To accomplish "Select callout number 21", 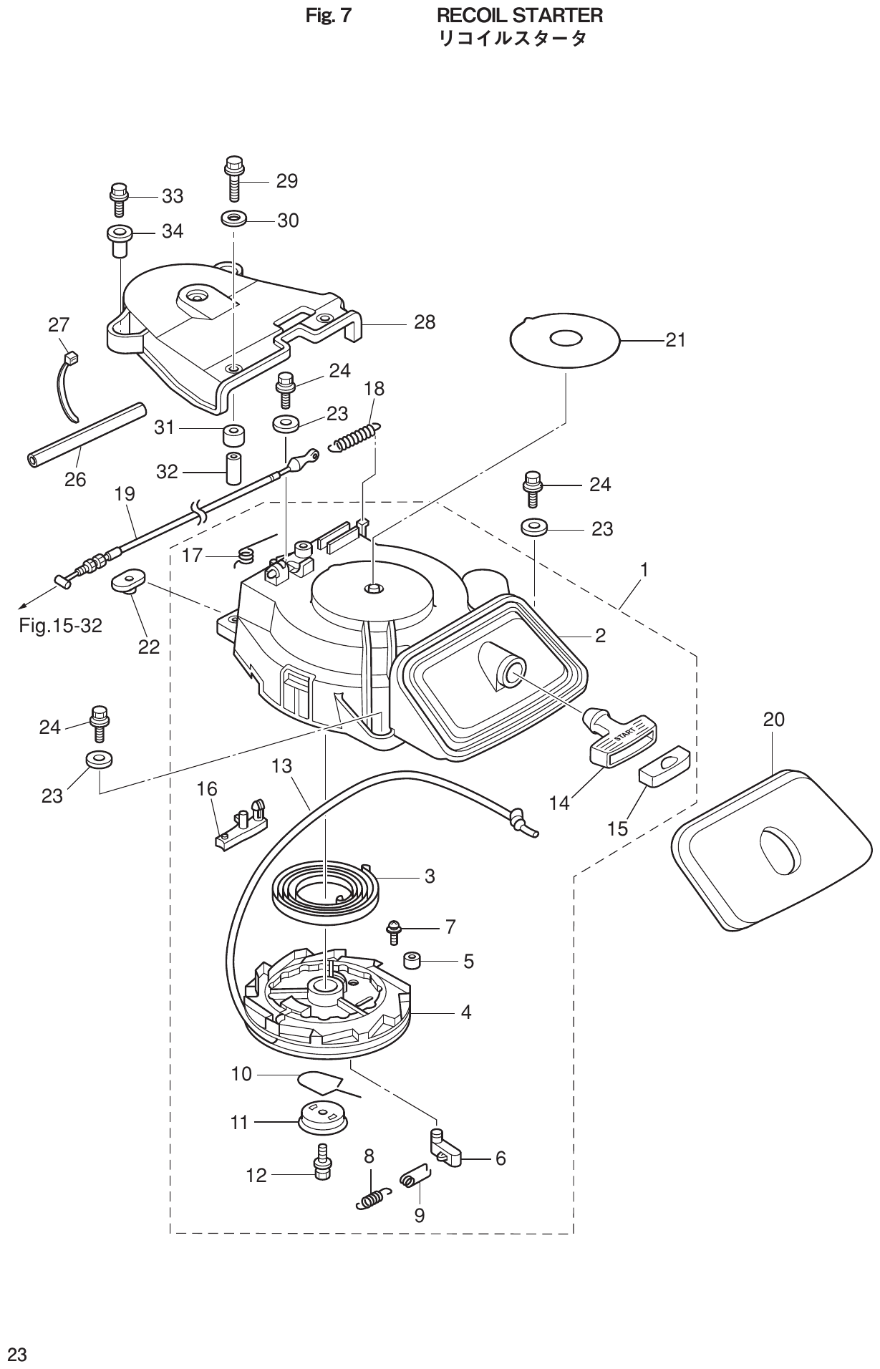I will pyautogui.click(x=675, y=340).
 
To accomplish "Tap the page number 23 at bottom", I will pyautogui.click(x=17, y=1354).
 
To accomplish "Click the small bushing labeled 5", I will pyautogui.click(x=412, y=959).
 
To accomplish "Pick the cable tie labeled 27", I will pyautogui.click(x=67, y=383).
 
